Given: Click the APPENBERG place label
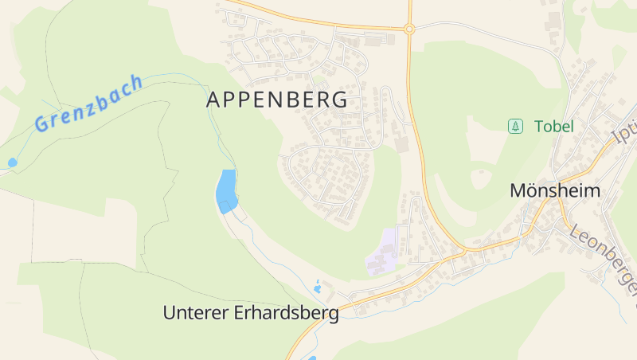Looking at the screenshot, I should click(276, 100).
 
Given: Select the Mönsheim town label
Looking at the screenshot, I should click(554, 191).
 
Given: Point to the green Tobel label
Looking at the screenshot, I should click(554, 126).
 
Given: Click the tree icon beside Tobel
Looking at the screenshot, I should click(516, 126).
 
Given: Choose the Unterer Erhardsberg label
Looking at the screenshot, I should click(251, 313).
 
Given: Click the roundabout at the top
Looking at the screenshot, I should click(409, 29).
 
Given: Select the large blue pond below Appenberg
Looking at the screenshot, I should click(226, 190).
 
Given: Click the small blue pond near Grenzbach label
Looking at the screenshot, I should click(12, 162).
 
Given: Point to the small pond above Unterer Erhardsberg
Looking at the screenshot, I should click(318, 287).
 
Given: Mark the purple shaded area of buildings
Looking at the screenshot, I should click(384, 252).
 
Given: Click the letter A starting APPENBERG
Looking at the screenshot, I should click(213, 100).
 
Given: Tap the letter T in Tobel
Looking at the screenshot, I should click(539, 126).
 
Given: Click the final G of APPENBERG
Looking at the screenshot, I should click(340, 100).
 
